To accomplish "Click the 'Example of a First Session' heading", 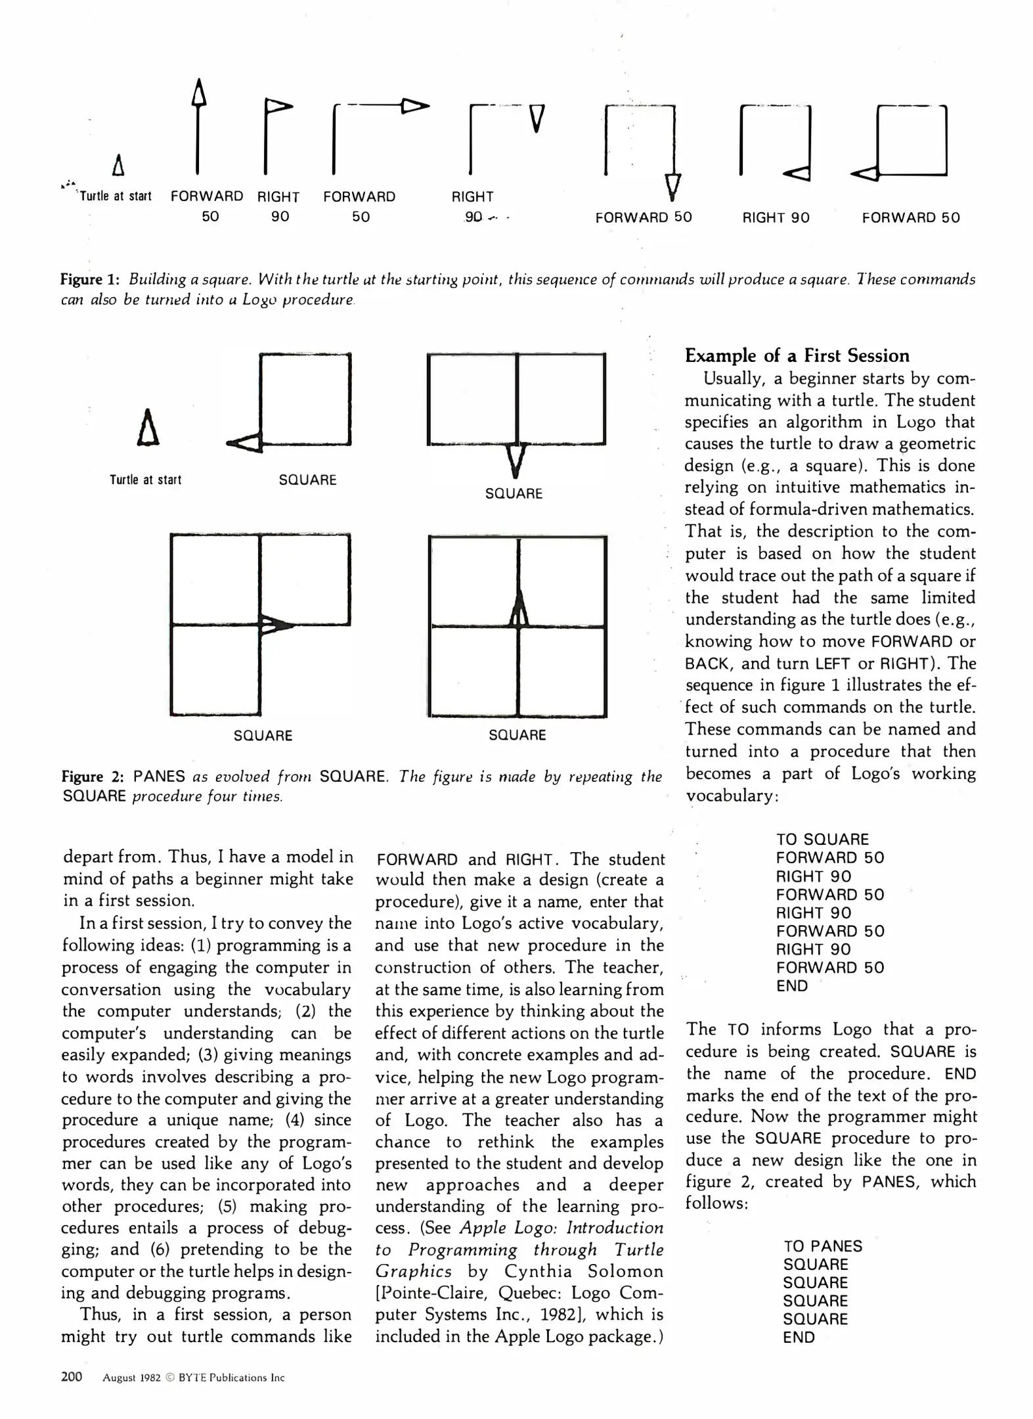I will point(797,355).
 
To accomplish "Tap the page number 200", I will point(72,1376).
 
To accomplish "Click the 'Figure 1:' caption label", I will point(89,279).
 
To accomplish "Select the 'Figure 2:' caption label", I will point(93,777).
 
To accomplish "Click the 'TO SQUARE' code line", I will point(822,839).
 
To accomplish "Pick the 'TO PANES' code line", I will point(822,1246).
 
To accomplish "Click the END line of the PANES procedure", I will point(798,1337).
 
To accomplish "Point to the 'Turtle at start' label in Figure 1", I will point(115,196).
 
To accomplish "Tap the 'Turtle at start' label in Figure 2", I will point(145,480).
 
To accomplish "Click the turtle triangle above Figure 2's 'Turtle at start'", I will point(148,428).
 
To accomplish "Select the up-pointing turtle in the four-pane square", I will point(519,609).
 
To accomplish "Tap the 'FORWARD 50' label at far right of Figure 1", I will point(910,217).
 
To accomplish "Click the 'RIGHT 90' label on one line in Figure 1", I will point(776,217).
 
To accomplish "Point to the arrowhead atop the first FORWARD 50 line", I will point(198,92).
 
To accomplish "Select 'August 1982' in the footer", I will point(131,1378).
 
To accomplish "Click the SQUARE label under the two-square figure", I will point(514,493).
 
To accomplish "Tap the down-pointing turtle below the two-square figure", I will point(516,460).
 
